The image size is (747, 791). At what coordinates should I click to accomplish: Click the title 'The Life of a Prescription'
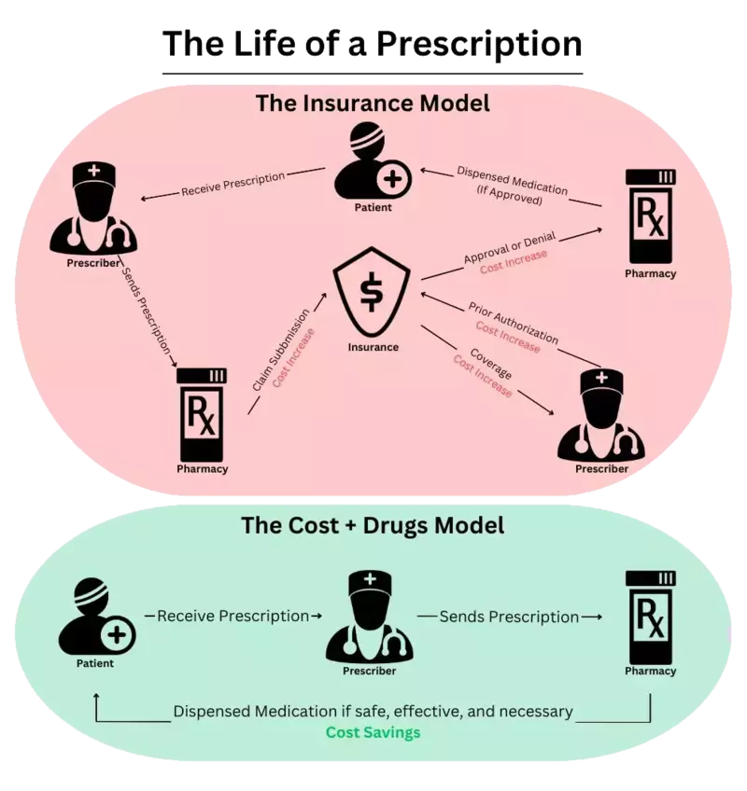pos(373,44)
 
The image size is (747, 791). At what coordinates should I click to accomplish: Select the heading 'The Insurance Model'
pos(373,104)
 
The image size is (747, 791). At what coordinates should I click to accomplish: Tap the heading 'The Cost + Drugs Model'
pos(373,525)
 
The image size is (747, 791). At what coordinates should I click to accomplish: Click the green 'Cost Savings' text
pos(373,732)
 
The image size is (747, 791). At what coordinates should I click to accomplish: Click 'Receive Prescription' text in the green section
pos(233,616)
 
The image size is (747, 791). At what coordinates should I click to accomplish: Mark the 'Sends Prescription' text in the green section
pos(509,616)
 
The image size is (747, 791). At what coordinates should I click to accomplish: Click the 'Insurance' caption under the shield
pos(373,347)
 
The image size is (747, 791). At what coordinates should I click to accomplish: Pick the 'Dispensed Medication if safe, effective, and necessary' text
pos(373,712)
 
